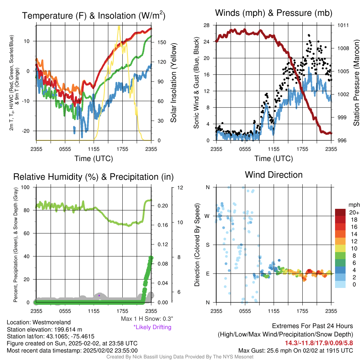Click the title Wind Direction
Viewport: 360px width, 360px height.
(274, 175)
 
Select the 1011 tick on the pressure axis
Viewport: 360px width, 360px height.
(343, 25)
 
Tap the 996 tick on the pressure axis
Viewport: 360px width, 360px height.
(342, 140)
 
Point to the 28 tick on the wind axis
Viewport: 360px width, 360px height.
(206, 25)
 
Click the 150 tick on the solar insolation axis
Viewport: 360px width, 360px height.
(162, 42)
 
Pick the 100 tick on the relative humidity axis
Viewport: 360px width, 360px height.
(25, 187)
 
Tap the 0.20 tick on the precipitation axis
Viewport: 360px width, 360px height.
(163, 206)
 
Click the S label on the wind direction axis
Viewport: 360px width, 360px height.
(207, 245)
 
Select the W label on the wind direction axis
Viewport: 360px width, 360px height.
(207, 216)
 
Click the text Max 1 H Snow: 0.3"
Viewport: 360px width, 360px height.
(147, 319)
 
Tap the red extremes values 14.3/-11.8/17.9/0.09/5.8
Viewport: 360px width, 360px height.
(319, 343)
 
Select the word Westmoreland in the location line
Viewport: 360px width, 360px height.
(52, 322)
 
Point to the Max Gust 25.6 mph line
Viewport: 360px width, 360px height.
(296, 351)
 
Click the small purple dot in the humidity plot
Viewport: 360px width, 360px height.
(99, 295)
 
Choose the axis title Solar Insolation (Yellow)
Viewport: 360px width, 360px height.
(174, 83)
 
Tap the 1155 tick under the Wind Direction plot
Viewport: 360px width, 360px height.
(274, 311)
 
